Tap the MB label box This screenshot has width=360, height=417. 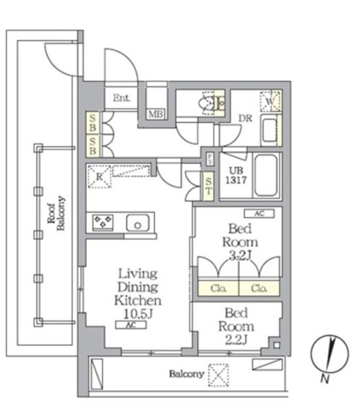click(156, 114)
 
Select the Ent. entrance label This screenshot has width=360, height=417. click(121, 98)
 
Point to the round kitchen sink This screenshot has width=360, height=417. click(138, 223)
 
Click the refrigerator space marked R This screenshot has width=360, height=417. click(99, 177)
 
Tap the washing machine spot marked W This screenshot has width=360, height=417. click(270, 102)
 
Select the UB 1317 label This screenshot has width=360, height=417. click(236, 175)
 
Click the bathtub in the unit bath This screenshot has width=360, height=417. click(265, 175)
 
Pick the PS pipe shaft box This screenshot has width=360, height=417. click(210, 159)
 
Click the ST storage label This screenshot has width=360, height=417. click(209, 186)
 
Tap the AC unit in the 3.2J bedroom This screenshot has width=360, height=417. click(259, 214)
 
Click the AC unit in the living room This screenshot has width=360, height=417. click(130, 324)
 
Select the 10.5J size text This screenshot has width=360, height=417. click(138, 314)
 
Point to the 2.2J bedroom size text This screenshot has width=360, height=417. click(237, 339)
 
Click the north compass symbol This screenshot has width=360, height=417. click(329, 353)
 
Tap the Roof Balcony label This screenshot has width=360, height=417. click(56, 213)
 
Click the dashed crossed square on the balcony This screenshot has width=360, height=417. click(218, 375)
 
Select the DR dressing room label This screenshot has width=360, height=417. click(245, 119)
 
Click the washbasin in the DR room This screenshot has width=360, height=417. click(269, 130)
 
